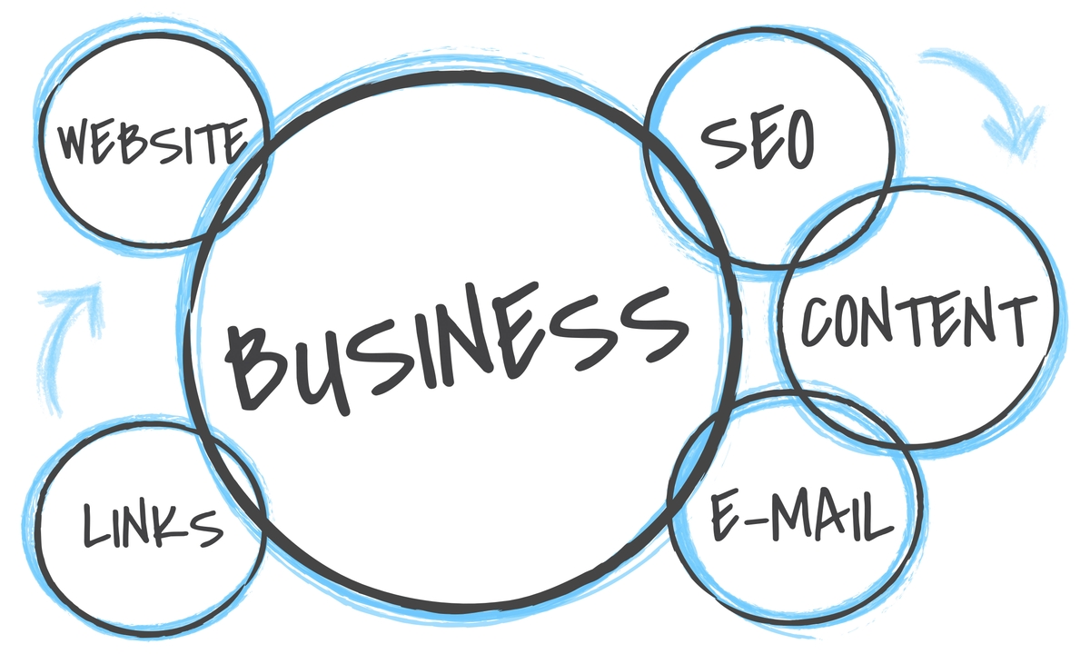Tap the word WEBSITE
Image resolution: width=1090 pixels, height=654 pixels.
[x=152, y=141]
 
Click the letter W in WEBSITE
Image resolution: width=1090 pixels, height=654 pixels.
[x=78, y=142]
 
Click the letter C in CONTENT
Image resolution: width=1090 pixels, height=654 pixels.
[x=818, y=321]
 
